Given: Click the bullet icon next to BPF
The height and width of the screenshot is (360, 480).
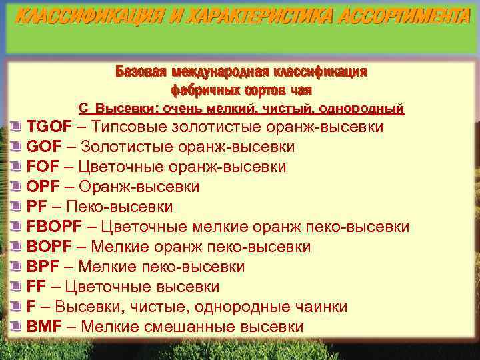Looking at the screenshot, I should click(x=17, y=267).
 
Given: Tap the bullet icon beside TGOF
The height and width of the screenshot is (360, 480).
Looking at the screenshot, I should click(x=17, y=127).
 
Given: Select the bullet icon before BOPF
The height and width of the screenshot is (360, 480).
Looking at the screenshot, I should click(x=17, y=247).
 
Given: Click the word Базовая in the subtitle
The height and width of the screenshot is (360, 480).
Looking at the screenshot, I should click(x=141, y=71).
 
